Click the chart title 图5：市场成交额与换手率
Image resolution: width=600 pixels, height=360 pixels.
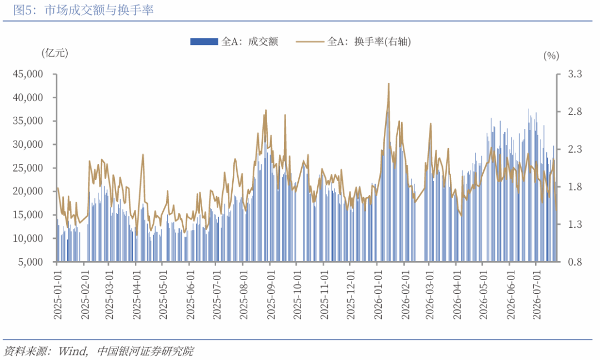point(83,10)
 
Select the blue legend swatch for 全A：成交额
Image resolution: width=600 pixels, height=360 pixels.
point(204,41)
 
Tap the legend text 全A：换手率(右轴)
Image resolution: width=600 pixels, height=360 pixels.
point(369,41)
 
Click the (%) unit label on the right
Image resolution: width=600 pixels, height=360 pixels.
point(551,56)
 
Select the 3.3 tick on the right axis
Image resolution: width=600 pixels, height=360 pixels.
point(574,74)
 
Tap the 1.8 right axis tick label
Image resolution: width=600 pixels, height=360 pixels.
point(574,187)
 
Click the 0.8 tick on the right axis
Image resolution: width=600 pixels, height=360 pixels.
point(574,262)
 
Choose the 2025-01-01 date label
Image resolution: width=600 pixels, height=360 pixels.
point(58,294)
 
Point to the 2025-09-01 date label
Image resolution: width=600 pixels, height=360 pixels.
point(271,294)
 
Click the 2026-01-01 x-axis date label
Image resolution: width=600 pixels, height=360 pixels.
point(378,294)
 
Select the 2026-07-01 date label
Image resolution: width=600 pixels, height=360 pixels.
point(537,294)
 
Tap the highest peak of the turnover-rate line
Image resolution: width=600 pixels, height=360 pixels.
point(389,83)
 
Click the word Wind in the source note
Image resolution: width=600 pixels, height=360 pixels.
point(72,351)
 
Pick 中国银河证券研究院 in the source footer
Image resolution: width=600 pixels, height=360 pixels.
point(146,351)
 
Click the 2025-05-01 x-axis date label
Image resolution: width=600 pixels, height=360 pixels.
point(163,294)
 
